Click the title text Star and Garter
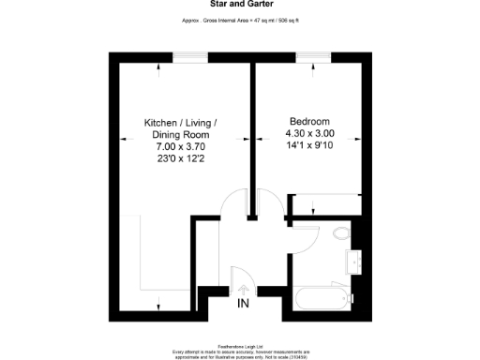pos(239,5)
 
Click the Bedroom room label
pos(308,122)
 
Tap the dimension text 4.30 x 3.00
pos(308,134)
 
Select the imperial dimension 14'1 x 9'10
pos(308,146)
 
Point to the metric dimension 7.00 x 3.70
pos(179,147)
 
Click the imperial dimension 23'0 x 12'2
pos(179,159)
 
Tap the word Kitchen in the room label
pos(161,123)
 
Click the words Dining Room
pos(179,135)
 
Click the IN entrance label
pos(243,305)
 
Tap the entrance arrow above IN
pos(243,290)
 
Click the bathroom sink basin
pos(356,260)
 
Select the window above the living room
pos(190,57)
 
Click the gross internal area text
pos(239,20)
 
